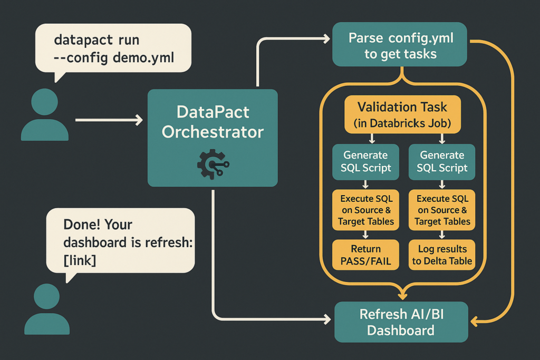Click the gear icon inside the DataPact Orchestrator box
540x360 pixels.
[x=212, y=164]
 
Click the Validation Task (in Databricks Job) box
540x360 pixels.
[x=402, y=115]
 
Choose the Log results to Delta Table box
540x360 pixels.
[x=442, y=255]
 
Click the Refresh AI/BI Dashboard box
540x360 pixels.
[x=401, y=322]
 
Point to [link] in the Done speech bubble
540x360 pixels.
[x=79, y=260]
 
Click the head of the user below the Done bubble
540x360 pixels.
[x=46, y=297]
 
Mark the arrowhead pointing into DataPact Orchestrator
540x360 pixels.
[x=139, y=121]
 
